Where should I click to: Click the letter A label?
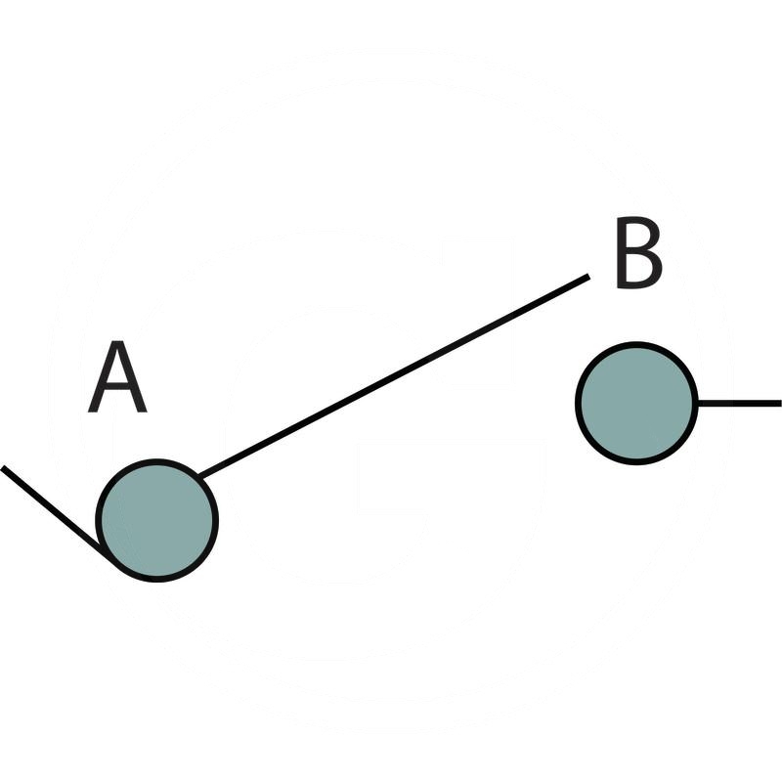tap(117, 378)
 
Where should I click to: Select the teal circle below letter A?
tap(156, 520)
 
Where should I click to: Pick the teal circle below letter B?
tap(636, 403)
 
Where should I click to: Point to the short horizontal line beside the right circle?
tap(738, 403)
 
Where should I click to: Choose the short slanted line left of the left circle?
tap(54, 512)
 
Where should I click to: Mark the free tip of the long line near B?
tap(587, 277)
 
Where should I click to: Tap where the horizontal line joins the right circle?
tap(697, 403)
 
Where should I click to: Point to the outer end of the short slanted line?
tap(4, 469)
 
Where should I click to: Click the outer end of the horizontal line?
tap(778, 403)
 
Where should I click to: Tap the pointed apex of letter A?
tap(117, 345)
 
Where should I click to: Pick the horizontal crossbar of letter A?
tap(117, 390)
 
